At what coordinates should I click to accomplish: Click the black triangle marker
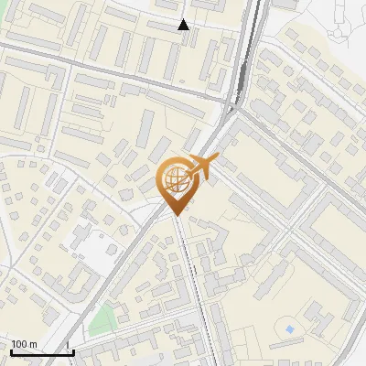[184, 25]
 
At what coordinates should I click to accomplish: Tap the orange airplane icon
[202, 167]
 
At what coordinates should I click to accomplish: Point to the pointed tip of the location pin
[176, 214]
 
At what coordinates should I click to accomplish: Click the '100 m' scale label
[23, 344]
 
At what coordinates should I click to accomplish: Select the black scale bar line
[41, 352]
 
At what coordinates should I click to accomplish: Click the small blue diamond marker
[290, 328]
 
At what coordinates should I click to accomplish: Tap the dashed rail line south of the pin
[190, 274]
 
